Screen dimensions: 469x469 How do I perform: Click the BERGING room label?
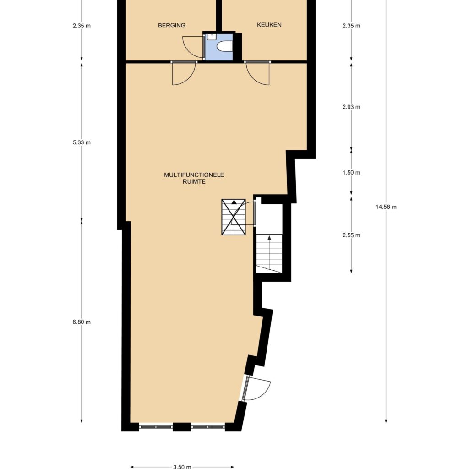coord(172,26)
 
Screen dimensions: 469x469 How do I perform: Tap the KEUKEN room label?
coord(269,25)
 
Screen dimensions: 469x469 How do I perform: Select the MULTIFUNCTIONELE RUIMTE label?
coord(194,178)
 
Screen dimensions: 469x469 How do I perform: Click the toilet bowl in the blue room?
coord(224,47)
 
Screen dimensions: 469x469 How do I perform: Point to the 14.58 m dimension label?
coord(386,207)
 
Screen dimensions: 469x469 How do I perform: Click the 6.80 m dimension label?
coord(82,322)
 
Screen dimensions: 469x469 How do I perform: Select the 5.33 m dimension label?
coord(82,142)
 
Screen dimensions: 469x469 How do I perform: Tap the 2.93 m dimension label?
coord(351,107)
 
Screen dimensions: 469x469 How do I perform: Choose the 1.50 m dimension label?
coord(351,173)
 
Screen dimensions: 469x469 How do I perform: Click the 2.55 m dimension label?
coord(351,235)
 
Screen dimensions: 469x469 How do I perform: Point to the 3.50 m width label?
coord(182,467)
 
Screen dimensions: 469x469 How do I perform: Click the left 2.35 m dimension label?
coord(82,26)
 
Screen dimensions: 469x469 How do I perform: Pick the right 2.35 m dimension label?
coord(351,26)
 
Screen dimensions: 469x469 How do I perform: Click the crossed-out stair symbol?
coord(234,217)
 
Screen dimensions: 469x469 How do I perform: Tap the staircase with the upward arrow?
coord(269,253)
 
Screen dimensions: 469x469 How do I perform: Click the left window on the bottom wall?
coord(156,427)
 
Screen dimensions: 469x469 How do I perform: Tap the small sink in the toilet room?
coord(212,37)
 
